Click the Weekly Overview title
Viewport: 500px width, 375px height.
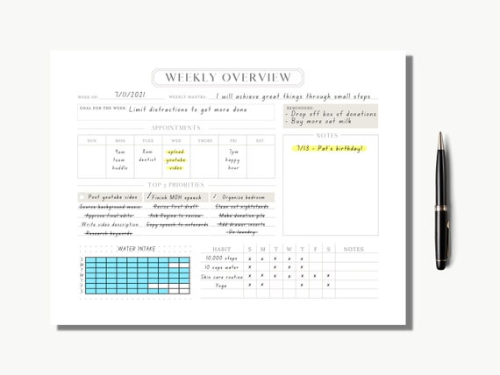pyautogui.click(x=228, y=78)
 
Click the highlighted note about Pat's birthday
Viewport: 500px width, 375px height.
pyautogui.click(x=329, y=148)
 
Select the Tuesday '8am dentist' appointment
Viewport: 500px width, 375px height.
pyautogui.click(x=147, y=156)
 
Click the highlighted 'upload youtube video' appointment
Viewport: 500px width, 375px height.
pyautogui.click(x=176, y=160)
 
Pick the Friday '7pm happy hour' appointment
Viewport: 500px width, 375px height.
pyautogui.click(x=232, y=160)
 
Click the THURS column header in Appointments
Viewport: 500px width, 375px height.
pyautogui.click(x=204, y=140)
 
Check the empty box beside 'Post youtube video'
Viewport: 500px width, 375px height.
pyautogui.click(x=82, y=197)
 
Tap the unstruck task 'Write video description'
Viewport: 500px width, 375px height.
pyautogui.click(x=111, y=224)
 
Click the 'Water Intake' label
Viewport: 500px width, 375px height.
pyautogui.click(x=136, y=249)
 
